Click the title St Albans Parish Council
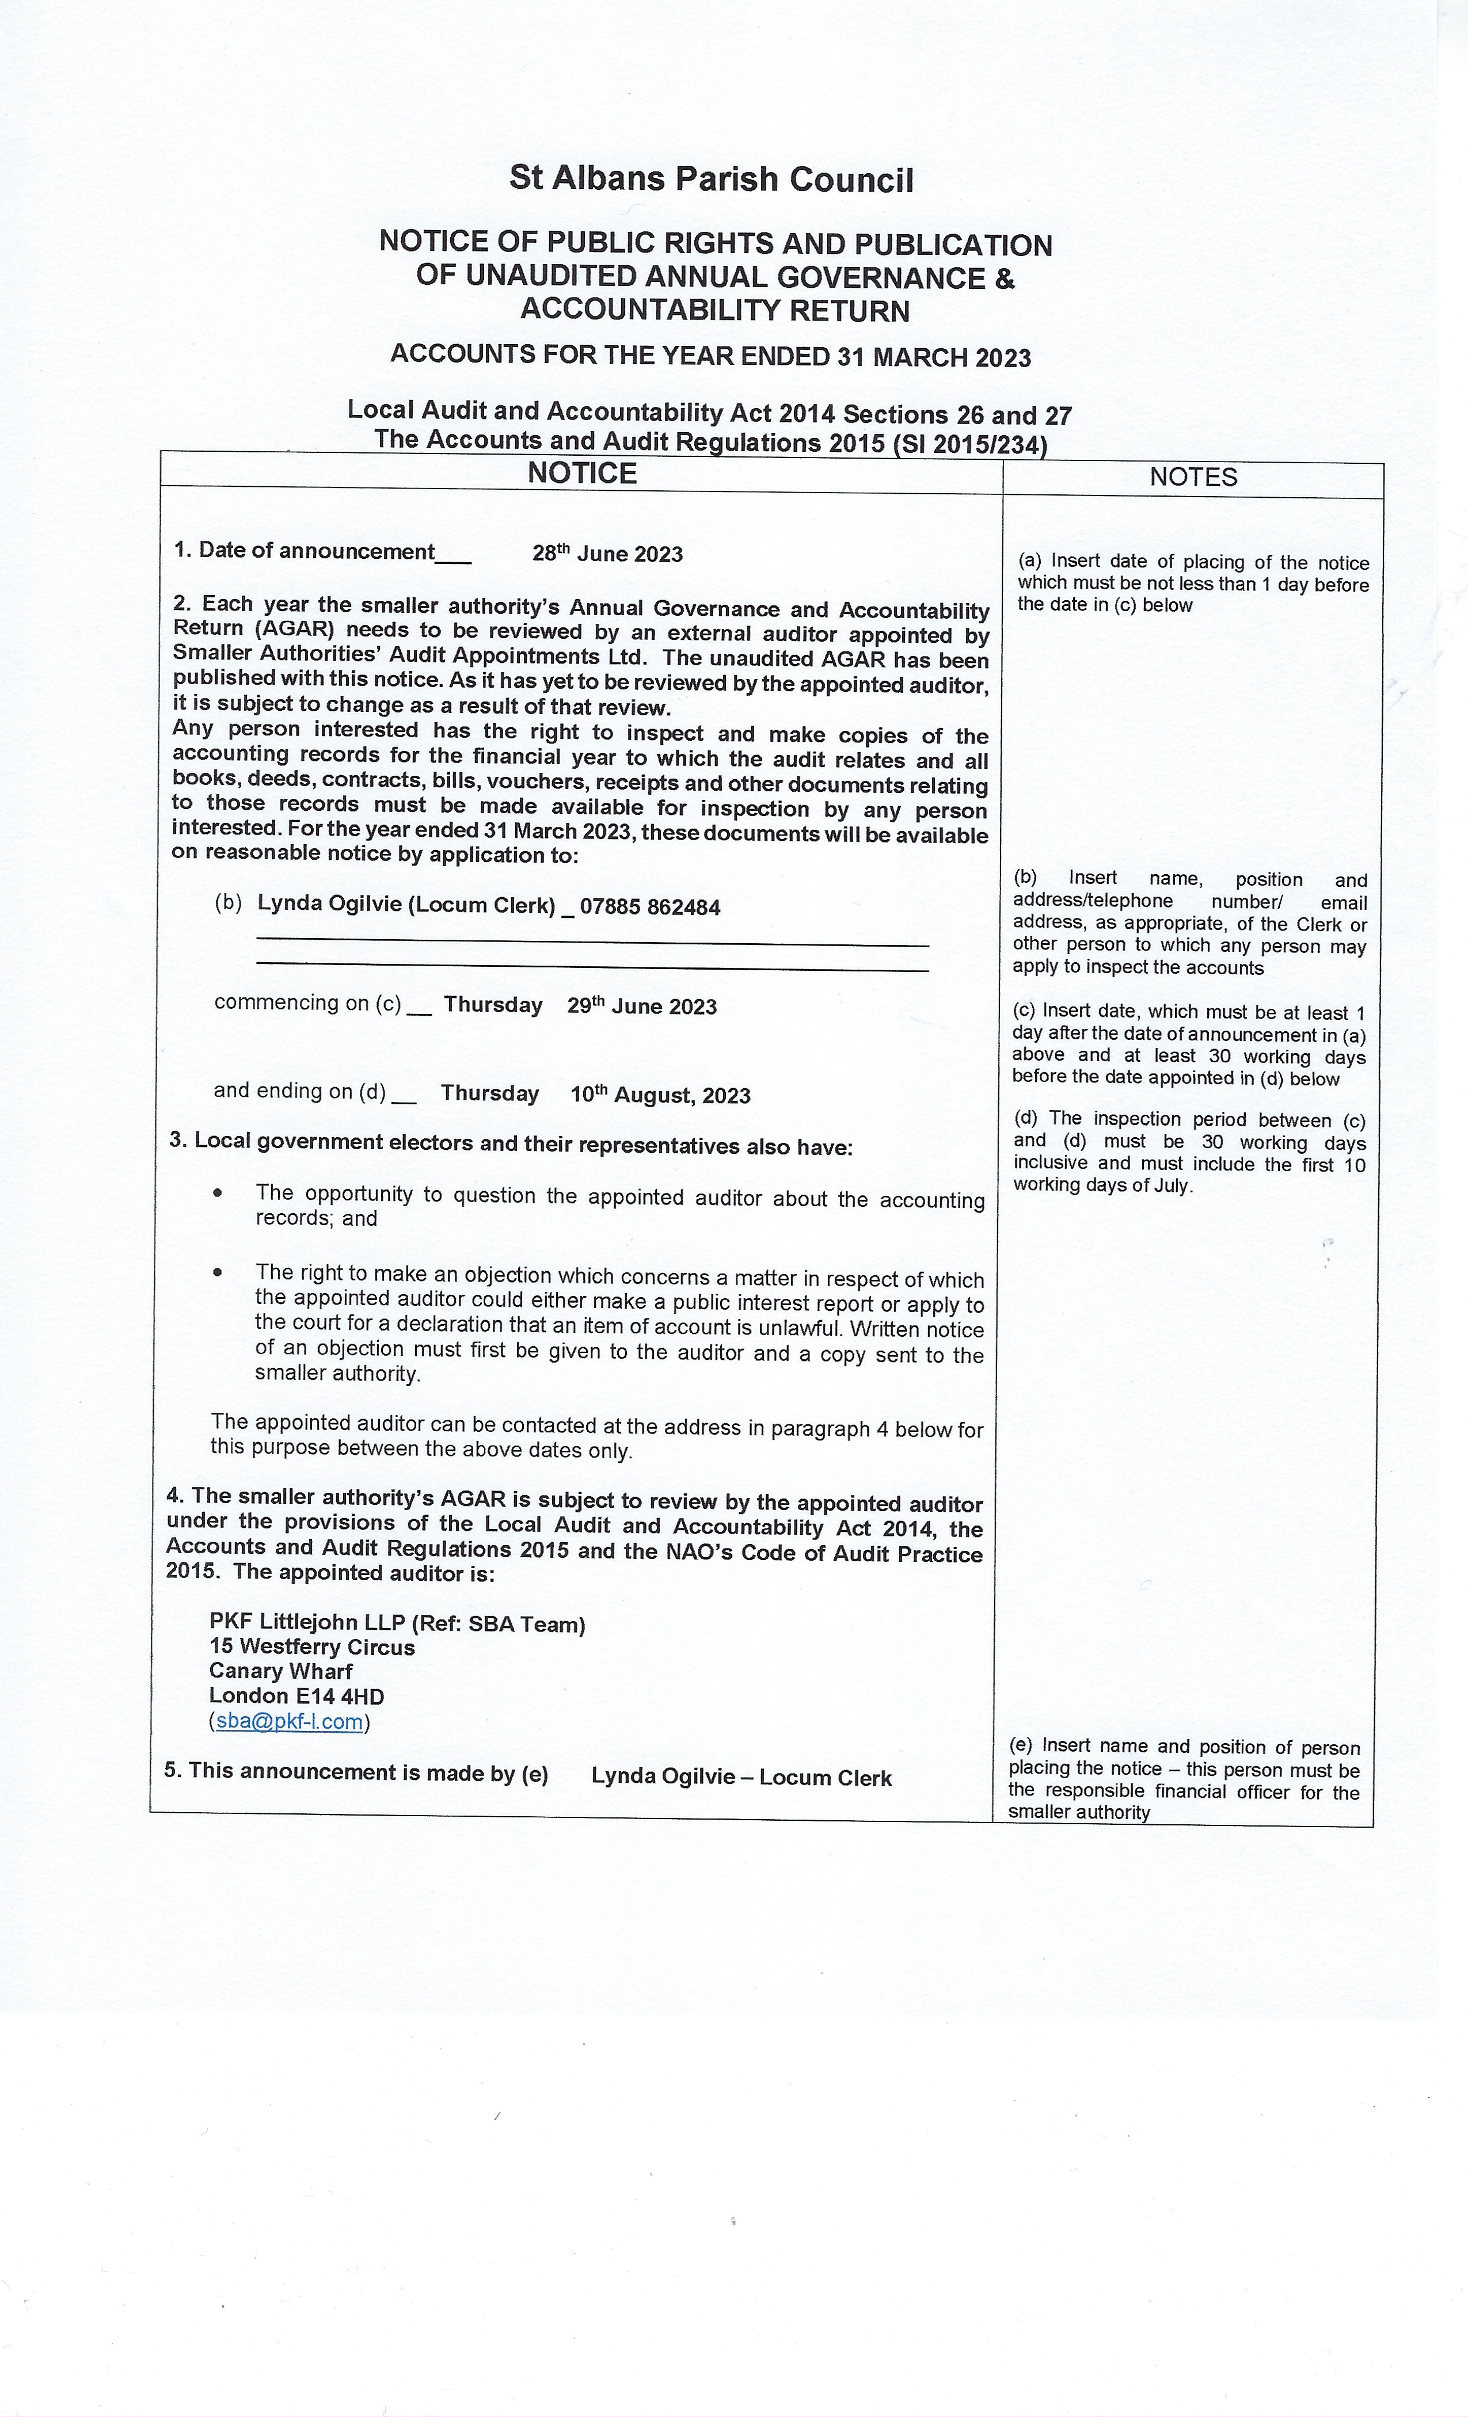(712, 180)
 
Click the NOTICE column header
(582, 474)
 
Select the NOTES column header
(1193, 478)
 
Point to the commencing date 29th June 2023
(642, 1007)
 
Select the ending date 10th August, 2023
(660, 1096)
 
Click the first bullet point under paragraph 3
(218, 1194)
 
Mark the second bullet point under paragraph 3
(218, 1272)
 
